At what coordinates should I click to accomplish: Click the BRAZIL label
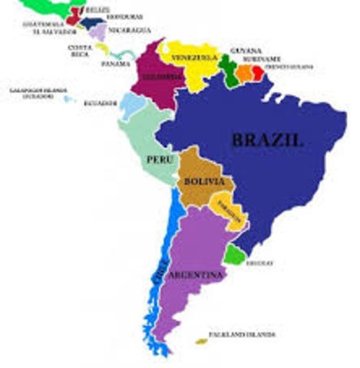tap(269, 140)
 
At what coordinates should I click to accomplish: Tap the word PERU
tap(157, 160)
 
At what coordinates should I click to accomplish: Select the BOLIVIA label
tap(204, 182)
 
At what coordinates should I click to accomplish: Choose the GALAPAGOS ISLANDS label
tap(31, 92)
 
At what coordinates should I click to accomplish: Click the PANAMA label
tap(115, 64)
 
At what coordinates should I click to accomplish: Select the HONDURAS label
tap(122, 17)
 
